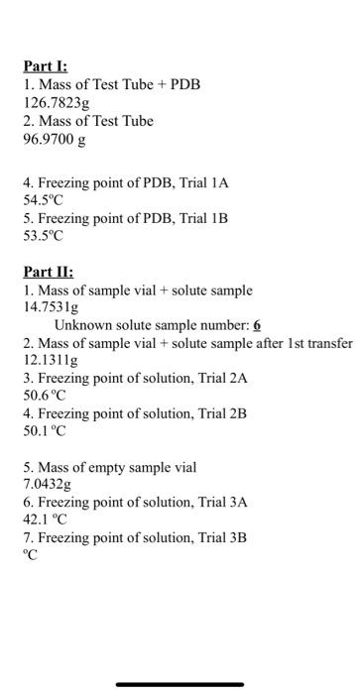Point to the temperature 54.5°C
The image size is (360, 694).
coord(44,198)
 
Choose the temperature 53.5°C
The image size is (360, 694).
coord(44,235)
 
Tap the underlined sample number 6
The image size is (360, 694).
coord(257,324)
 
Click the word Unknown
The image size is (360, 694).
coord(82,324)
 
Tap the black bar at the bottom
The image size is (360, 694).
coord(180,684)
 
